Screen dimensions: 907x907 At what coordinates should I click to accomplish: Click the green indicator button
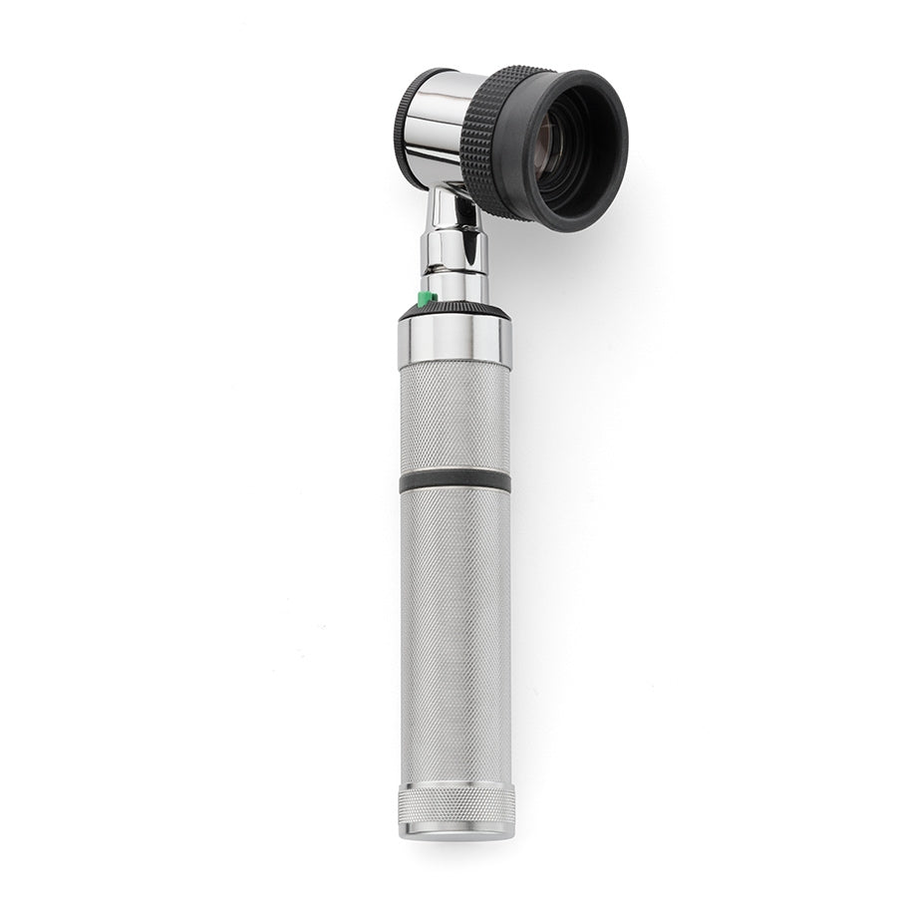(426, 298)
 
